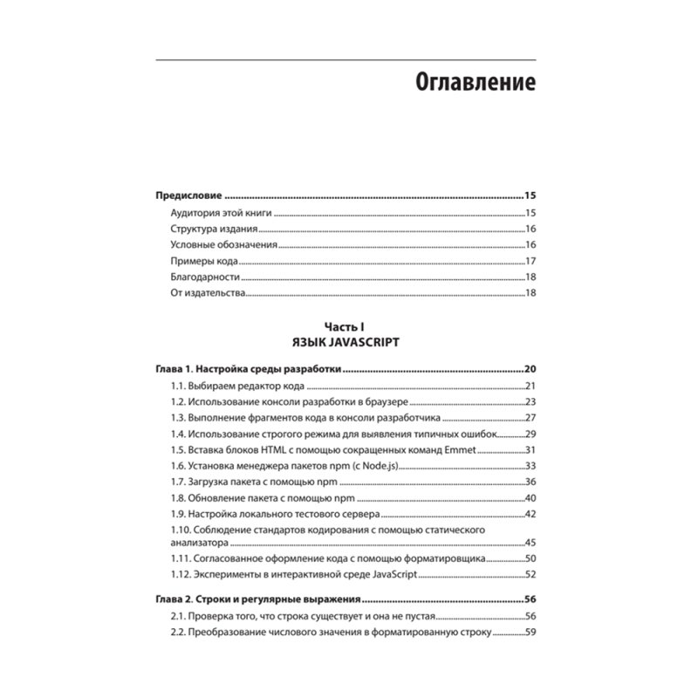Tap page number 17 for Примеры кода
pos(530,262)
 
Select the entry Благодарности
pos(206,277)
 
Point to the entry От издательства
pos(209,294)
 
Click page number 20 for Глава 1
pos(529,369)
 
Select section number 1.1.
pos(180,386)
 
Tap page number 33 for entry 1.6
pos(530,466)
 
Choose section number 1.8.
pos(180,498)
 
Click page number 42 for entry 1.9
pos(530,514)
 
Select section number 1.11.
pos(182,558)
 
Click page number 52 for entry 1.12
pos(530,574)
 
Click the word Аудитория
pos(197,213)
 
